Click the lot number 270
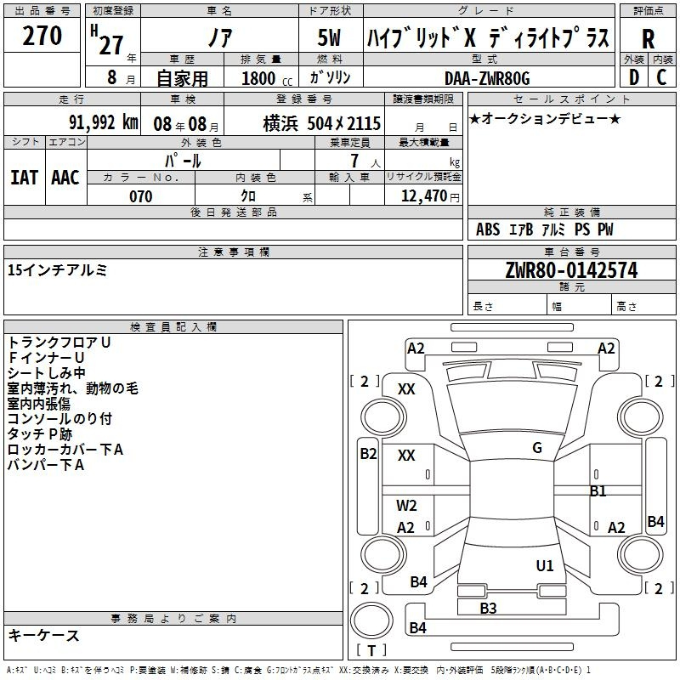point(42,36)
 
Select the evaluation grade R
point(648,38)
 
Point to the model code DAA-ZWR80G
point(487,78)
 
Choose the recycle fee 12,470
point(423,196)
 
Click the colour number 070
point(140,196)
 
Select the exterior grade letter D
point(633,77)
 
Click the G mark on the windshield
point(537,448)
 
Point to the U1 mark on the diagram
point(545,565)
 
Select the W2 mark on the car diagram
point(407,506)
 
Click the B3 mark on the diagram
point(488,608)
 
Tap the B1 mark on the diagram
point(598,491)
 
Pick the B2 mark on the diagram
point(368,454)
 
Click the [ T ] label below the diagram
point(371,651)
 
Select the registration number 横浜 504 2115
point(321,122)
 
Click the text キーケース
point(43,636)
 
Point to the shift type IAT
point(25,177)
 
